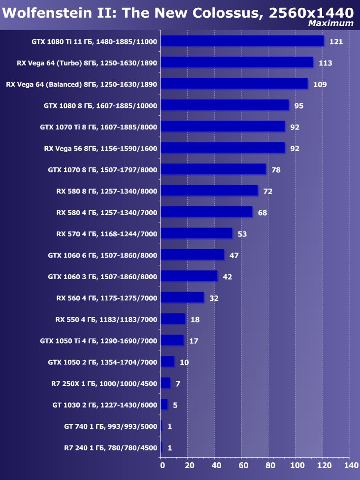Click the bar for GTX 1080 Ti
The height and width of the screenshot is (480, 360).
point(242,41)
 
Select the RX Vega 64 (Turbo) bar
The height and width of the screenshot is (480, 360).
point(236,63)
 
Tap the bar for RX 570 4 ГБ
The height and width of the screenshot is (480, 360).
point(196,233)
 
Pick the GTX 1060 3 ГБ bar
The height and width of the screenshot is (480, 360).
point(189,276)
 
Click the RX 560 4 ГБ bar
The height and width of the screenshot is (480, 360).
point(182,297)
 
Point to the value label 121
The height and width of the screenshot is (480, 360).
point(336,42)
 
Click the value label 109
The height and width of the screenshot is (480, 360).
point(320,85)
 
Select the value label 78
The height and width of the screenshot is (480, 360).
point(276,170)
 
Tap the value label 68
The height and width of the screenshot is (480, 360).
point(262,213)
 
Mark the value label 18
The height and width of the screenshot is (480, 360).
point(195,320)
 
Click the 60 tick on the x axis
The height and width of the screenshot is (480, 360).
point(243,465)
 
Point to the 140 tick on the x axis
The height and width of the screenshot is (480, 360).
point(351,465)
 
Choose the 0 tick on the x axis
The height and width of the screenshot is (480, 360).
point(162,465)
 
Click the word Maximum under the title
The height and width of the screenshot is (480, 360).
point(330,23)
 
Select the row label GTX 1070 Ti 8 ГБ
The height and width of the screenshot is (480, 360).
point(98,127)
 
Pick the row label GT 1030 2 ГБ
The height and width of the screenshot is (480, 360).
point(104,405)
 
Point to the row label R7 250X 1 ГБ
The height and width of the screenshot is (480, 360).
point(104,384)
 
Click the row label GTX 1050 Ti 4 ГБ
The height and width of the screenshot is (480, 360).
point(98,341)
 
